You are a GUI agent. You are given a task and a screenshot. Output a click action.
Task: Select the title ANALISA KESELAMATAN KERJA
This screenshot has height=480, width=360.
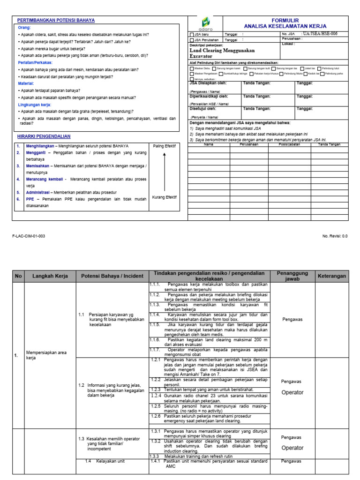tap(285, 26)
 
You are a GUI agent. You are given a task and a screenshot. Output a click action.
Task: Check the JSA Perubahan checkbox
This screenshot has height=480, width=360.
tap(191, 40)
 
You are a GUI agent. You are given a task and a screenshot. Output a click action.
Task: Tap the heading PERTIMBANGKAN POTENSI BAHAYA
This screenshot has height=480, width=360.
tap(56, 21)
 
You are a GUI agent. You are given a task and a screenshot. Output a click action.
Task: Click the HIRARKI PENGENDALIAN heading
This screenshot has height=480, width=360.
tap(44, 136)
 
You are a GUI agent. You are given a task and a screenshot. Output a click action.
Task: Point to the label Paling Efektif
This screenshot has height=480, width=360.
tap(164, 146)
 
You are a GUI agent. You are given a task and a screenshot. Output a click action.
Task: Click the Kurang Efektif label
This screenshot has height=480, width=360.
tap(164, 197)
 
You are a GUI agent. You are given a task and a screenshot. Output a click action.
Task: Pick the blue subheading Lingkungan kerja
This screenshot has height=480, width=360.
tap(34, 105)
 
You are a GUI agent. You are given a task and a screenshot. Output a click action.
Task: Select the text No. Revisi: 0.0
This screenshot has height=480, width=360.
tap(335, 236)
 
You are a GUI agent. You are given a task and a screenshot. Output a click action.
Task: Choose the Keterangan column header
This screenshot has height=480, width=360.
tap(332, 276)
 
